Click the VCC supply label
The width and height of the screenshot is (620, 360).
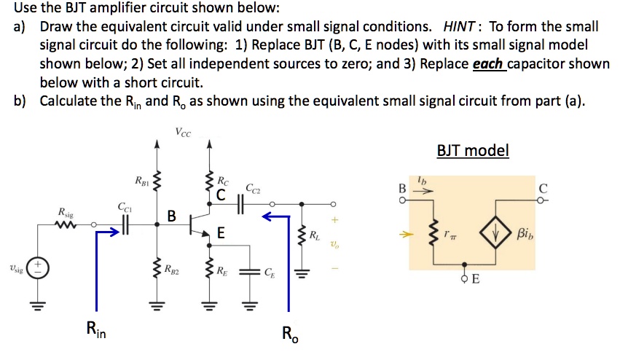(x=184, y=132)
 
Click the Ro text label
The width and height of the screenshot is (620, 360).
(x=289, y=334)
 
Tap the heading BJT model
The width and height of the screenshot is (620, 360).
(x=473, y=151)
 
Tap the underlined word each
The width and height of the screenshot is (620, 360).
(x=487, y=63)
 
